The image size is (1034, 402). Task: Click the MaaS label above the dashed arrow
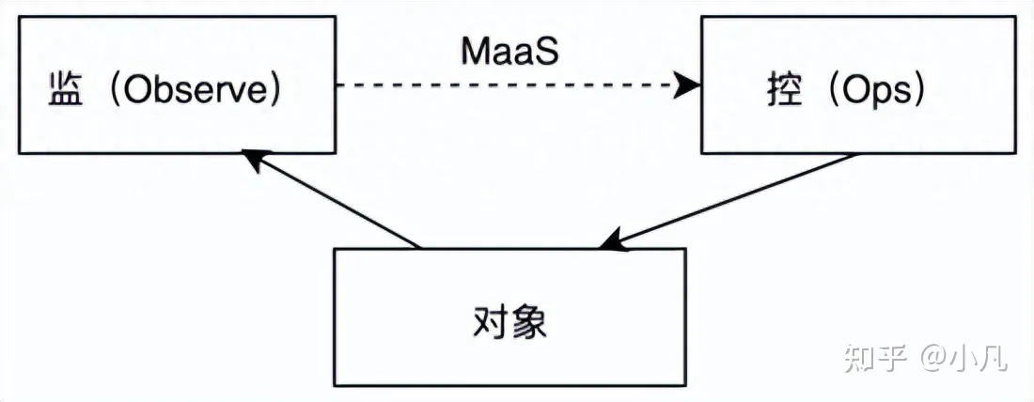(x=509, y=52)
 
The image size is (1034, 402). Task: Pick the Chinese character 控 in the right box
(x=783, y=93)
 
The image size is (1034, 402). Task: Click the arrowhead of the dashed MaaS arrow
(x=692, y=86)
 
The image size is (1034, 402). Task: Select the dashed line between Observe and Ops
(x=508, y=86)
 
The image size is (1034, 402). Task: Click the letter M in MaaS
(x=473, y=52)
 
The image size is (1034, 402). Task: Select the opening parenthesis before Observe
(x=111, y=93)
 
